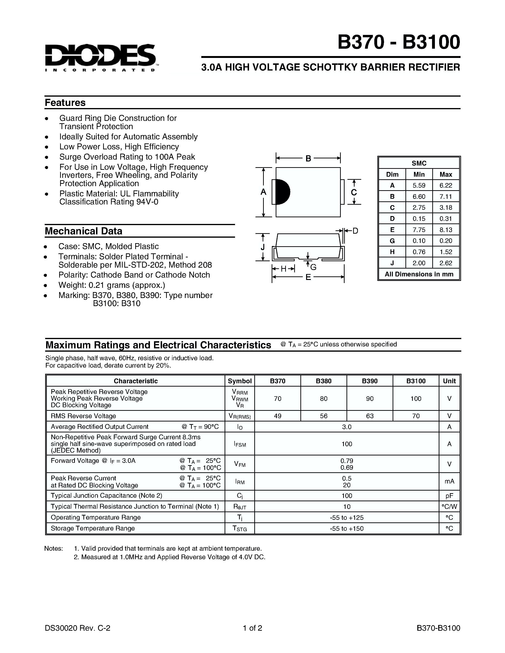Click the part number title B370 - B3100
coord(399,42)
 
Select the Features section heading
coord(65,103)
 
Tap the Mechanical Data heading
coord(83,231)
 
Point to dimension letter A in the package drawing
coord(263,192)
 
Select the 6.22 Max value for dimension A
coord(446,185)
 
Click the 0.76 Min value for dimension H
coord(419,252)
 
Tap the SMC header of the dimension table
coord(419,163)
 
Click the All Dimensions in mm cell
coord(419,274)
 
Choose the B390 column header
coord(370,381)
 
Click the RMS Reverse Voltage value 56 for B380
coord(323,416)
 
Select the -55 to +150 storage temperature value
coord(346,528)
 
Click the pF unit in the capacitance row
coord(449,496)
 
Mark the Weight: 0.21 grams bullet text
coord(112,285)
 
